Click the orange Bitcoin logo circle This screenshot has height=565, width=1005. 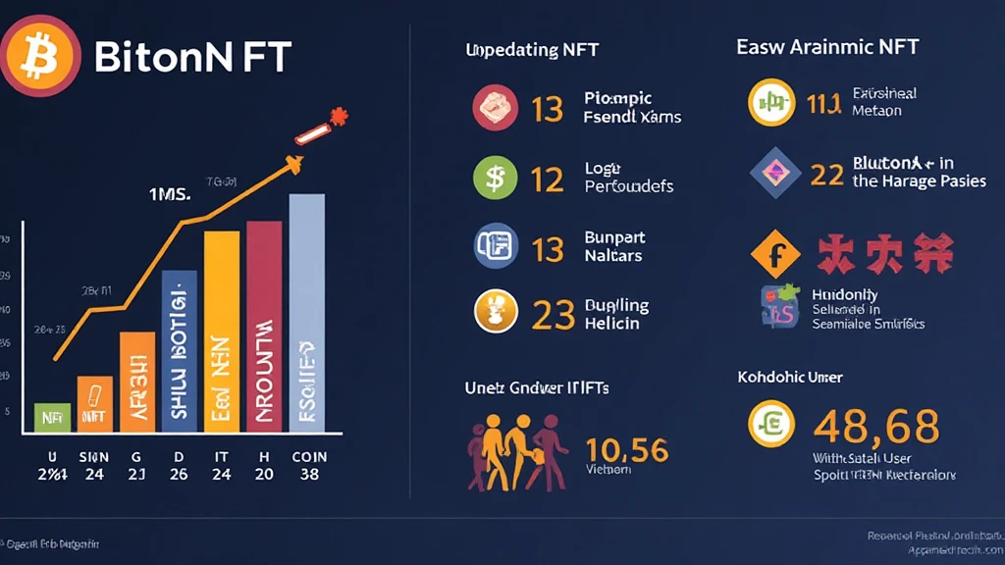(x=40, y=56)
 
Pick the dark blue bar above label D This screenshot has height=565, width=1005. (x=179, y=350)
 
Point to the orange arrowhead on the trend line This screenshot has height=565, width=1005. (x=291, y=166)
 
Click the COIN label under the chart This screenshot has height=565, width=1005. (x=309, y=457)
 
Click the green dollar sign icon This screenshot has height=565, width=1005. (x=495, y=179)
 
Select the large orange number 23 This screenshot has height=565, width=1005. (x=553, y=315)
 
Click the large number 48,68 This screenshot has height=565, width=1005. (x=876, y=426)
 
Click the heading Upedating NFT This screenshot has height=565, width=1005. (x=532, y=50)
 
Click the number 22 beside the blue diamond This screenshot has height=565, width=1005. (x=827, y=175)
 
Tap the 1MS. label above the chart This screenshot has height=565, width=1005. (x=169, y=194)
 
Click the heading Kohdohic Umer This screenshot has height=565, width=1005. (x=790, y=377)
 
